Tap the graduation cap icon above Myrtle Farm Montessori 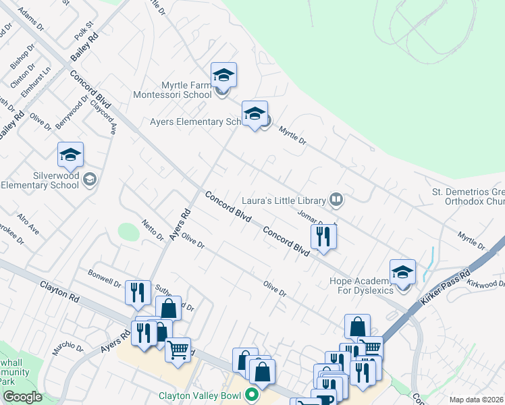[x=223, y=76]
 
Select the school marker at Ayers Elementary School [x=255, y=115]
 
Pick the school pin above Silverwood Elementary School [x=70, y=156]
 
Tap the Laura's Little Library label [x=284, y=200]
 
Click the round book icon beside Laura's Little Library [x=336, y=199]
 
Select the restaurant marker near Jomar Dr [x=323, y=237]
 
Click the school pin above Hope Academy [x=402, y=272]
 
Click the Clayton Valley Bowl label [x=200, y=396]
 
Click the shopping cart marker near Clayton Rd [x=178, y=350]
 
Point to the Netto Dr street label [x=153, y=230]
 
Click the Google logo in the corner [x=22, y=397]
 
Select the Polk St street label [x=84, y=32]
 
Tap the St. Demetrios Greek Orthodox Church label [x=469, y=196]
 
